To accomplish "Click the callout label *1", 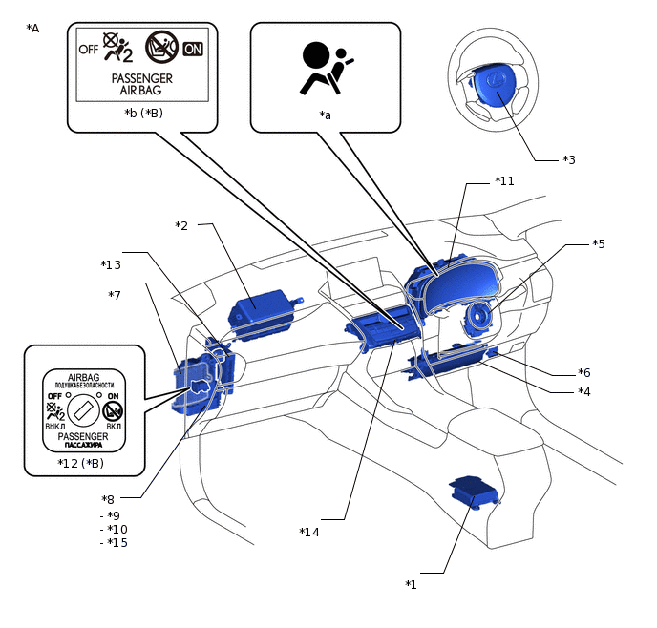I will pyautogui.click(x=411, y=584).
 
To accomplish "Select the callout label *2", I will pyautogui.click(x=181, y=225).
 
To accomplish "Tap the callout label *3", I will pyautogui.click(x=568, y=159).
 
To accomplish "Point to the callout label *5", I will pyautogui.click(x=599, y=243).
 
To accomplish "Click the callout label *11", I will pyautogui.click(x=505, y=180).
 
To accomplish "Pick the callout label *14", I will pyautogui.click(x=309, y=532).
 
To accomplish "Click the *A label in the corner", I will pyautogui.click(x=33, y=29).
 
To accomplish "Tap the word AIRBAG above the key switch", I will pyautogui.click(x=85, y=377).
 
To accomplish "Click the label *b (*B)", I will pyautogui.click(x=143, y=113).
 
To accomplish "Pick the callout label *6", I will pyautogui.click(x=584, y=372).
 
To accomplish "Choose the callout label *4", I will pyautogui.click(x=584, y=391).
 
